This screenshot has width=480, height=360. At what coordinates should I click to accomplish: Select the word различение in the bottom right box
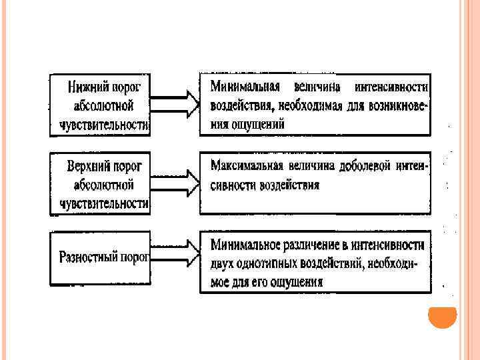click(317, 245)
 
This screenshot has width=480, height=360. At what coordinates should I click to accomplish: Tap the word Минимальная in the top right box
click(243, 87)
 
